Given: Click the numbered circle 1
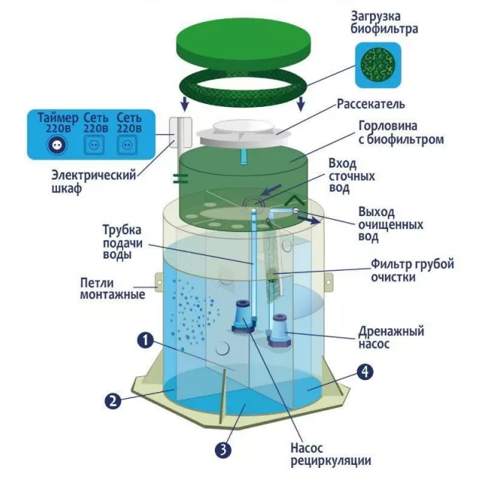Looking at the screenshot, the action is [145, 341].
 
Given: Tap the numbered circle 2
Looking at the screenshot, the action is [113, 400].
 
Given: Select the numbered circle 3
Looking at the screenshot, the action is [223, 450].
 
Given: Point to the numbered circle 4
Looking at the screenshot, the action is [365, 372].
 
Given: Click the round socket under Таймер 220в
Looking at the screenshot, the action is [57, 145].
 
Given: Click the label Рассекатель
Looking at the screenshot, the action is [371, 105].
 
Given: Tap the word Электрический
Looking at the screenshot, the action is [93, 175].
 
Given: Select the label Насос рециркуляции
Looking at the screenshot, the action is [330, 454].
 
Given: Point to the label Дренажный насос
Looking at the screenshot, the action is [391, 337].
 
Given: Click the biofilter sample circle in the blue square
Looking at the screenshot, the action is [378, 65].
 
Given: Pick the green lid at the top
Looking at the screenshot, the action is [243, 45].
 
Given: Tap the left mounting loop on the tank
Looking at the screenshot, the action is [159, 282].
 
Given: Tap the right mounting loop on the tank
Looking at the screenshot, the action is [329, 282].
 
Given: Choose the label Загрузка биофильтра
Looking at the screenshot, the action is [384, 22].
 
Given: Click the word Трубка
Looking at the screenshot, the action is [122, 230].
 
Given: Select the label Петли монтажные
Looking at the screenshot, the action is [112, 288].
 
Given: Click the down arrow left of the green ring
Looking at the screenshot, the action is [185, 103].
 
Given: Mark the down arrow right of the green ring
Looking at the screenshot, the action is [301, 103].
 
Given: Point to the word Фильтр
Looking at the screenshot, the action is [390, 264].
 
